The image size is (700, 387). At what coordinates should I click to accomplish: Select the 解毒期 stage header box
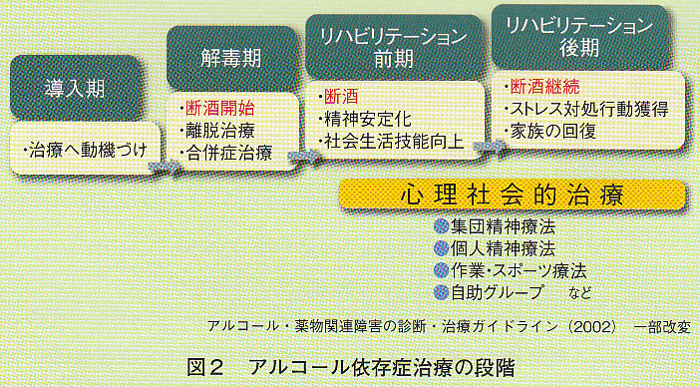coord(230,58)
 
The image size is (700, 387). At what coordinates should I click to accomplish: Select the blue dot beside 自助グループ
coord(442,291)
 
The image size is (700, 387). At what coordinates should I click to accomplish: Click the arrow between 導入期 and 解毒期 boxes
coord(165,165)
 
